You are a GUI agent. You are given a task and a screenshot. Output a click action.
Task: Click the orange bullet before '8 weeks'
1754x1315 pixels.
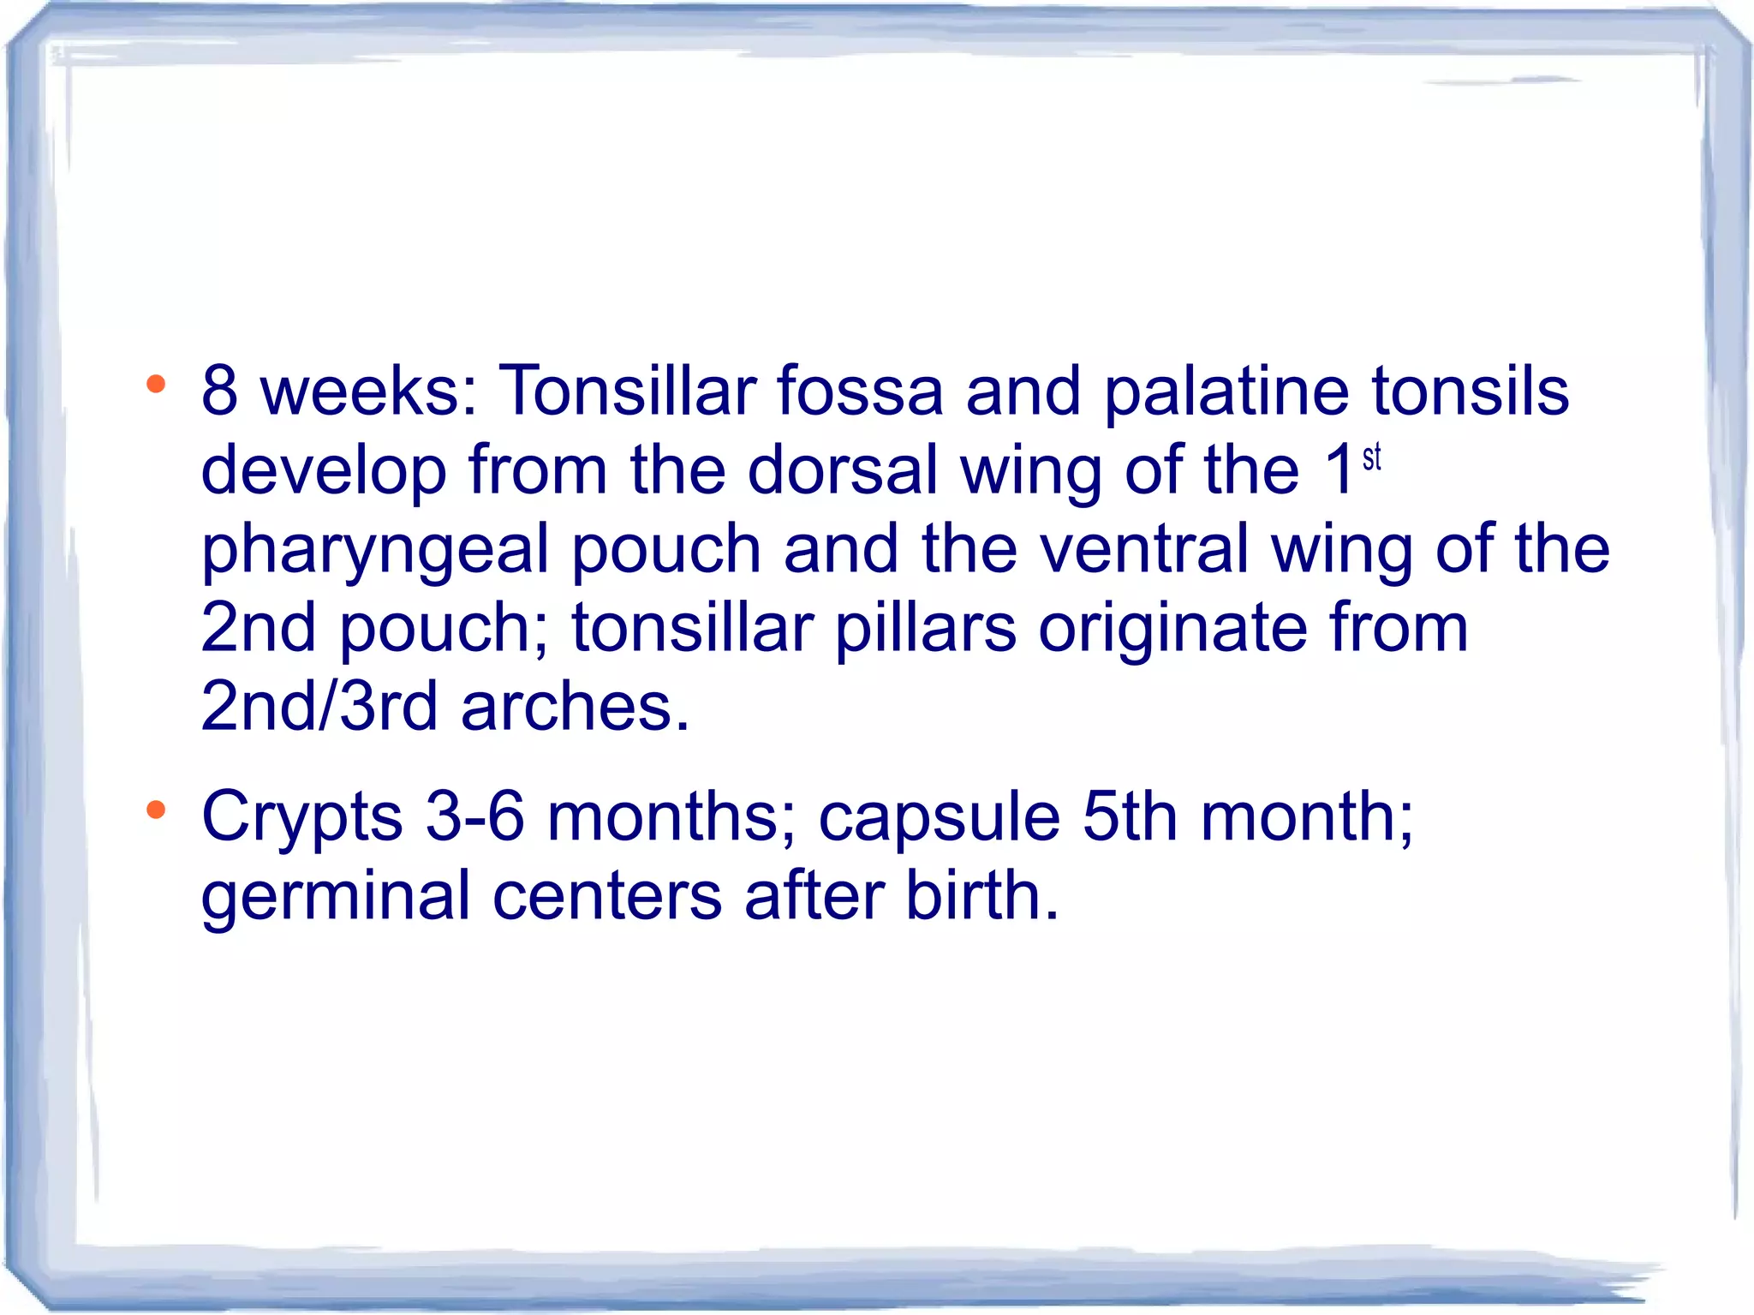click(x=155, y=385)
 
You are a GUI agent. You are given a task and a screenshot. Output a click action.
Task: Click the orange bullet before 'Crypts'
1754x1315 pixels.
click(x=155, y=810)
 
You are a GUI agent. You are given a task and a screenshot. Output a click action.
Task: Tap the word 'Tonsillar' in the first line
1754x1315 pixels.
click(x=627, y=391)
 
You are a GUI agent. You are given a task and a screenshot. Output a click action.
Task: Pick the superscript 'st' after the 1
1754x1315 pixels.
click(x=1371, y=457)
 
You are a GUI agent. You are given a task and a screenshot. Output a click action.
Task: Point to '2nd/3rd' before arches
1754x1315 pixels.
click(x=319, y=707)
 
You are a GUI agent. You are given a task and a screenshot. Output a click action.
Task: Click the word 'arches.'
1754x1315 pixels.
click(x=575, y=707)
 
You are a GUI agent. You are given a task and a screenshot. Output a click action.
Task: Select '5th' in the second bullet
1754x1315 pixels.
click(x=1130, y=816)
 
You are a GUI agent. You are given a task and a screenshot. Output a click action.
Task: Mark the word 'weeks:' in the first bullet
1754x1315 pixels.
click(x=369, y=391)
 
